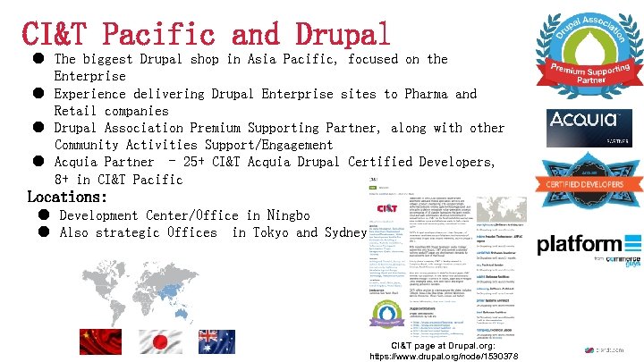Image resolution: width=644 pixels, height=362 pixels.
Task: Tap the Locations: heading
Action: tap(67, 197)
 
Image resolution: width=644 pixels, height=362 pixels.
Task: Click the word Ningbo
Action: tap(284, 215)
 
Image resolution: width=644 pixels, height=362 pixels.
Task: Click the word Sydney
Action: tap(344, 232)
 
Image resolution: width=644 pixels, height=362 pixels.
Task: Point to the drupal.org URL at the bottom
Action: tap(456, 356)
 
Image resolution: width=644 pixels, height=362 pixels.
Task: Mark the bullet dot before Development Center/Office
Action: tap(43, 215)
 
